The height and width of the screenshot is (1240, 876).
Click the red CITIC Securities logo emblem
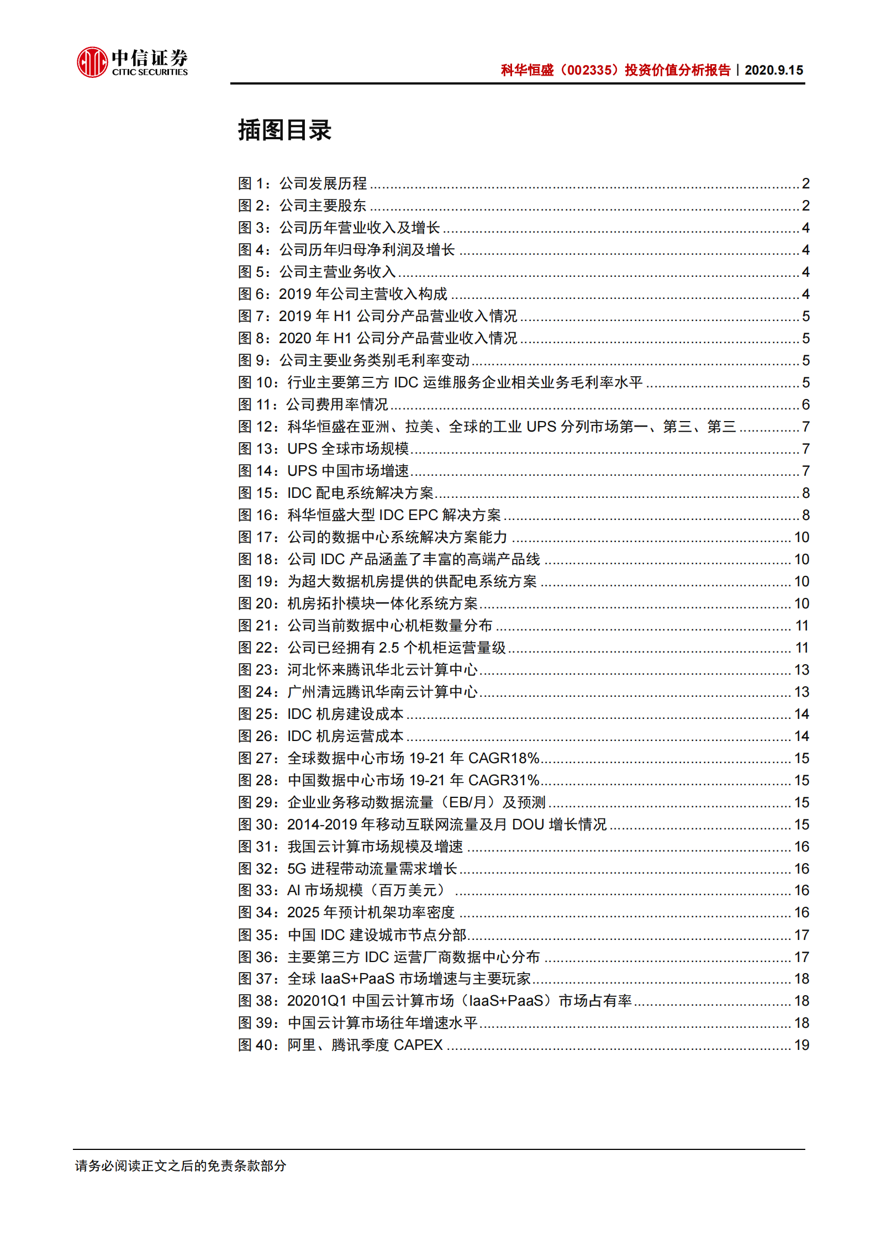tap(92, 62)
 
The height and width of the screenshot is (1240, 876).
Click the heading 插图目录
tap(284, 130)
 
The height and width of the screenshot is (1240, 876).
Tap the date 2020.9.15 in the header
tap(774, 70)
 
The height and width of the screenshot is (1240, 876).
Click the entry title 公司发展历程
tap(323, 183)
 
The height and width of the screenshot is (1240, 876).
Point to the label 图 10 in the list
tap(257, 382)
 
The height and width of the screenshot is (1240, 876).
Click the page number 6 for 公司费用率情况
tap(805, 404)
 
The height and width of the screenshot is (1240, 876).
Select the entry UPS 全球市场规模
tap(348, 449)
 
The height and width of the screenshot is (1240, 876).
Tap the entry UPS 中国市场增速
tap(348, 471)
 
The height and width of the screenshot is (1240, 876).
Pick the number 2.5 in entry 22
tap(389, 648)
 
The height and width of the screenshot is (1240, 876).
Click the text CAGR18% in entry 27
tap(503, 758)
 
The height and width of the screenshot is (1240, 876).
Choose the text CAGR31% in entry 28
tap(503, 780)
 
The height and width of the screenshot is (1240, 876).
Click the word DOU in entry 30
tap(528, 824)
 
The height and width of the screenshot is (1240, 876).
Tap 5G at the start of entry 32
tap(297, 869)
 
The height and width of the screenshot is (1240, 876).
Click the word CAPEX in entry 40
tap(418, 1045)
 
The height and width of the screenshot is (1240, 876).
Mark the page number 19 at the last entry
tap(801, 1045)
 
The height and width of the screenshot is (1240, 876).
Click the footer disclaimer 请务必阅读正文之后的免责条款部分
tap(181, 1165)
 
